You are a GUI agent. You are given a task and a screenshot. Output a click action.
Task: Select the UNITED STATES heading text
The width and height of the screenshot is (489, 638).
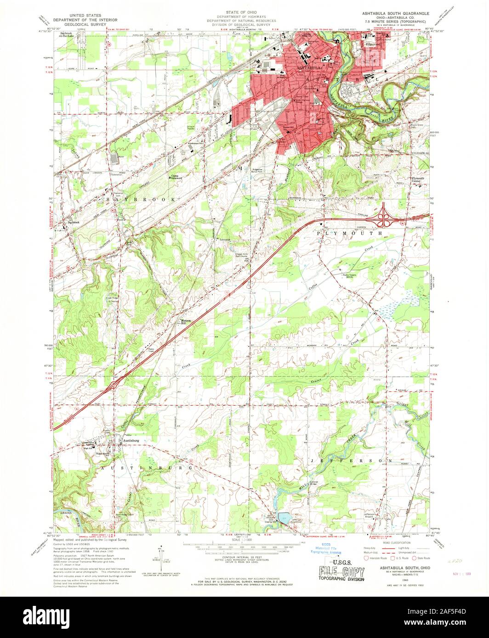pyautogui.click(x=85, y=15)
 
